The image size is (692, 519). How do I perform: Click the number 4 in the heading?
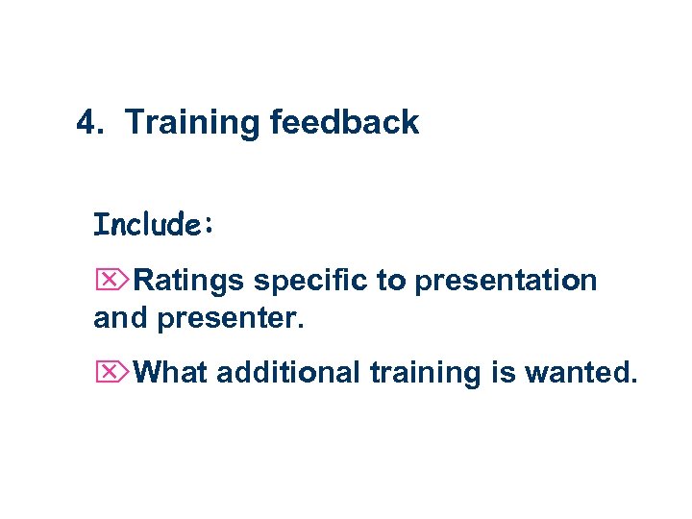(x=86, y=123)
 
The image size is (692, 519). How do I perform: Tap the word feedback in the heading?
(x=344, y=123)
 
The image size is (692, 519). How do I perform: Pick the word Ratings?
(x=190, y=282)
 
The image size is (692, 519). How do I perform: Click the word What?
(x=172, y=372)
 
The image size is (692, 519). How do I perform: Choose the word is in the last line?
(x=505, y=372)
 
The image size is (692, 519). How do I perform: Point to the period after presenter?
(x=300, y=327)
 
